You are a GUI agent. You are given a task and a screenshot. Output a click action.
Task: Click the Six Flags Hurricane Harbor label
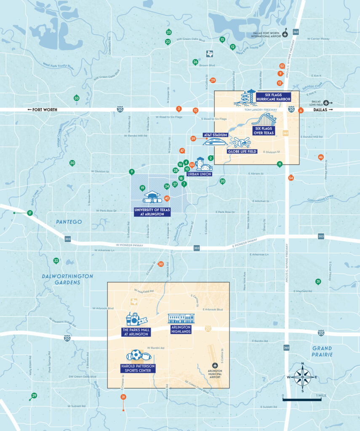tap(272, 96)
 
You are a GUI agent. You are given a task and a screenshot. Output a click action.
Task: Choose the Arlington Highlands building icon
tap(181, 318)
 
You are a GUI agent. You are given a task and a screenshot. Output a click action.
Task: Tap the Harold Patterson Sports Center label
tap(138, 368)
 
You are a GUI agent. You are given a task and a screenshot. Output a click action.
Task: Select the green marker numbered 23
tap(169, 32)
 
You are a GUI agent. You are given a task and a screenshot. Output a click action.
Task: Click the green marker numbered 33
tap(76, 98)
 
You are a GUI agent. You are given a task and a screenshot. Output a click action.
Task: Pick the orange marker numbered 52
tap(282, 66)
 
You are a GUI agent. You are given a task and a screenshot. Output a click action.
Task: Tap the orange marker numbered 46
tap(321, 157)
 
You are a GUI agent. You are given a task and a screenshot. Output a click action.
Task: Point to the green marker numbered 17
tap(30, 213)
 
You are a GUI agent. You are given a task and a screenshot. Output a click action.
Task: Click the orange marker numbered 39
tap(193, 138)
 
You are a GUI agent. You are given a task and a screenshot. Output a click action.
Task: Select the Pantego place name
tap(69, 221)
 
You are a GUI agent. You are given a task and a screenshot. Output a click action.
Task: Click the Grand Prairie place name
tap(322, 351)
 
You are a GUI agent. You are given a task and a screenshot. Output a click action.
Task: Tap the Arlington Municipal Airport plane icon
tap(216, 365)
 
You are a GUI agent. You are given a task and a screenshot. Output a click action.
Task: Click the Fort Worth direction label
tap(42, 109)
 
